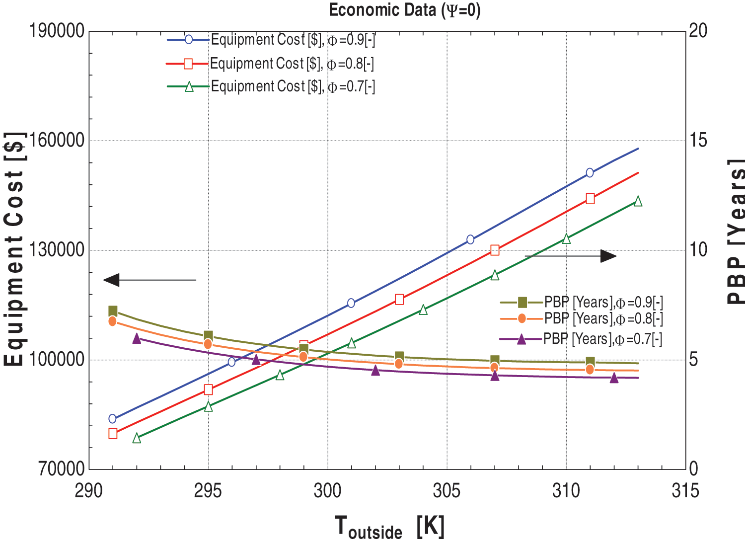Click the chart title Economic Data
tap(404, 10)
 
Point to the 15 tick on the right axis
tap(698, 140)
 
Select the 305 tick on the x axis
tap(447, 491)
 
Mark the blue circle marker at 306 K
tap(470, 239)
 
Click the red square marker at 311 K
tap(590, 199)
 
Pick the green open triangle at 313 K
tap(638, 201)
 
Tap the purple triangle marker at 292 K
tap(137, 339)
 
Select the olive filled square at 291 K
tap(113, 311)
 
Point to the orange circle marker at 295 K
tap(208, 344)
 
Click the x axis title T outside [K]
tap(389, 527)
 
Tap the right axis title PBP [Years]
tap(736, 231)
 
